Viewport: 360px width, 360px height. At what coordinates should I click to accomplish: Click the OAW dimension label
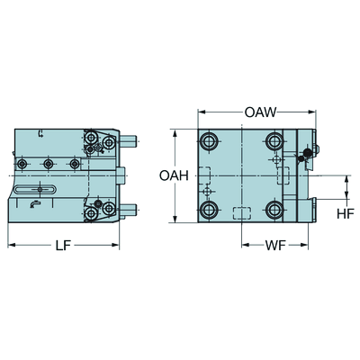260,112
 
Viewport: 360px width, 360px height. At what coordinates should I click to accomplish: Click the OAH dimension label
174,175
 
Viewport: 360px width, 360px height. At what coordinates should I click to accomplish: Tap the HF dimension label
346,213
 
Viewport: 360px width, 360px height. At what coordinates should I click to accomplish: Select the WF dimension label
274,246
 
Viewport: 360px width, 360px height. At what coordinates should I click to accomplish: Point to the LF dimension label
63,246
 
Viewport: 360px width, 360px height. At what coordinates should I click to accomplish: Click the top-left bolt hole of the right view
208,141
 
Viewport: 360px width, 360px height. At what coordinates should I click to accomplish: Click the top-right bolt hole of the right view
274,141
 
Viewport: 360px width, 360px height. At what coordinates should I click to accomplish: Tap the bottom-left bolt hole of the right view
208,210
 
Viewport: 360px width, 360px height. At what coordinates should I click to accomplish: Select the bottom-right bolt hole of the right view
274,210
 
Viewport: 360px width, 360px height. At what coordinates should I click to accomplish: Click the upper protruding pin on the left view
129,140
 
